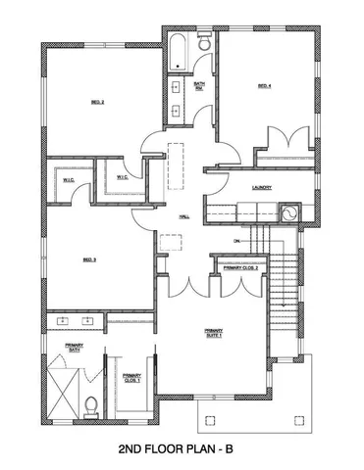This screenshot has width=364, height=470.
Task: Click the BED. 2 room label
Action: click(98, 102)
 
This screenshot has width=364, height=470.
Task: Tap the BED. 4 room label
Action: click(264, 86)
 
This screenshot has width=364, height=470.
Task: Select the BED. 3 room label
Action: click(88, 259)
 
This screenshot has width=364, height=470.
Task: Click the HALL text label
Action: click(183, 217)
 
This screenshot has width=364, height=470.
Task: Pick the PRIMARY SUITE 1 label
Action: click(213, 333)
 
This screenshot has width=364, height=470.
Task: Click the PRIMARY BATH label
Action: click(74, 348)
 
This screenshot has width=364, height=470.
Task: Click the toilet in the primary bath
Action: click(90, 403)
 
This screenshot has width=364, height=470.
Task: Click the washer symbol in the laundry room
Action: click(290, 212)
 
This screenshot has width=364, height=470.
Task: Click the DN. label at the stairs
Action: click(236, 240)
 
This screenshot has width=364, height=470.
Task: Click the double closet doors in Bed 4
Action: click(286, 138)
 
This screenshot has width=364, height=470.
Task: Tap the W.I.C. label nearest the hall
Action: click(121, 177)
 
